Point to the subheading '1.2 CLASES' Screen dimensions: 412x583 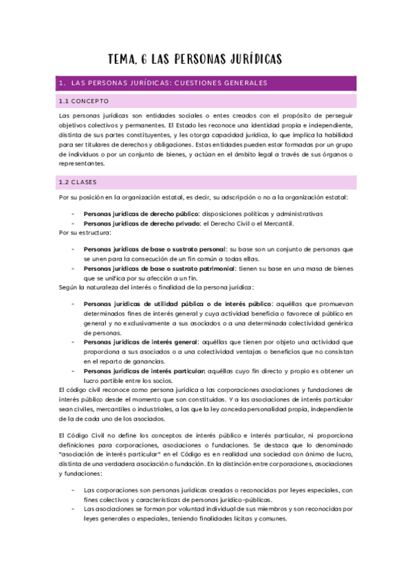(x=78, y=182)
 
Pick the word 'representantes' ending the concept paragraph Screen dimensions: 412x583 (x=83, y=164)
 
